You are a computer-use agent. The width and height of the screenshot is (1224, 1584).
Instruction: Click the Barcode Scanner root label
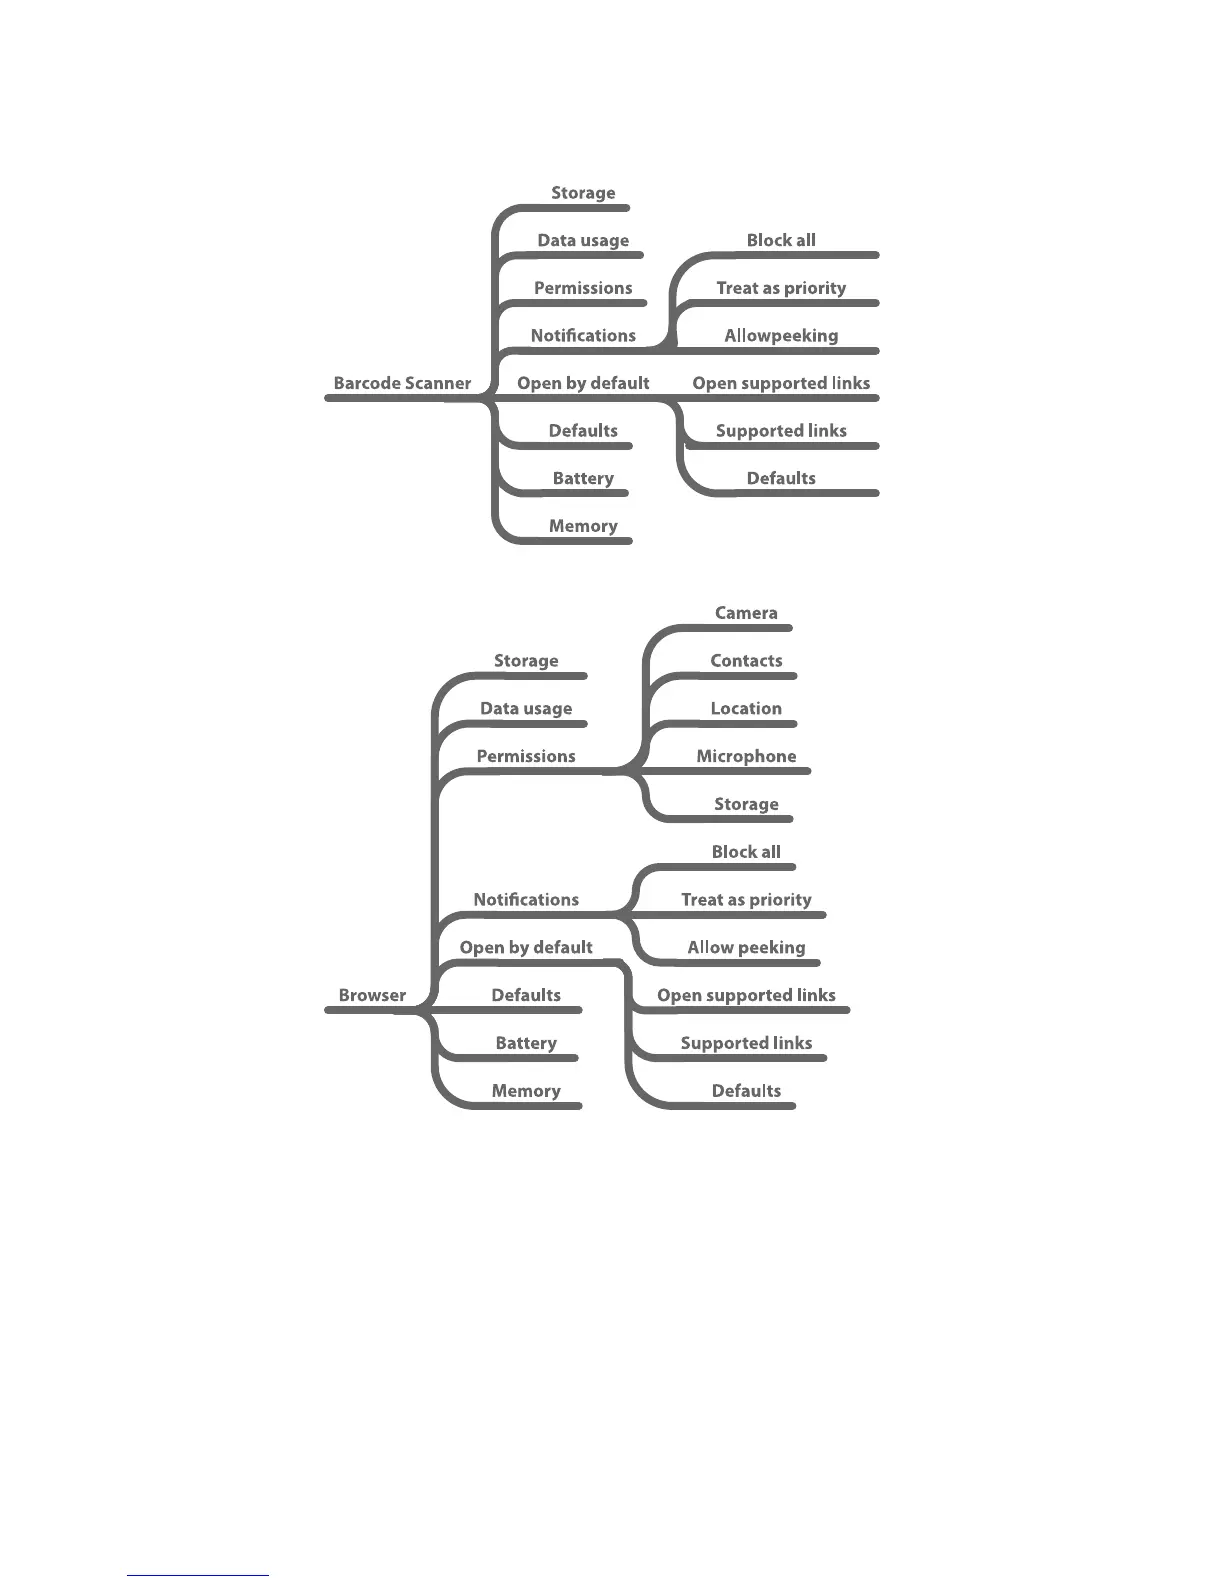click(x=402, y=383)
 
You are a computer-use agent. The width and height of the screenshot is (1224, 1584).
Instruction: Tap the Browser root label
click(x=372, y=995)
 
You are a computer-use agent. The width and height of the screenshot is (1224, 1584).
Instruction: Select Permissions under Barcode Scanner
click(x=583, y=288)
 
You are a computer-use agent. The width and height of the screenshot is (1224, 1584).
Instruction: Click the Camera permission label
click(x=746, y=613)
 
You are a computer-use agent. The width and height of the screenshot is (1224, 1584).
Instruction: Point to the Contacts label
click(x=746, y=661)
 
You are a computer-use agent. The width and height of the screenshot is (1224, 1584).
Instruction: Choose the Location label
click(x=746, y=709)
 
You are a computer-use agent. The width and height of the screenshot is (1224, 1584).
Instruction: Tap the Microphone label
click(x=746, y=757)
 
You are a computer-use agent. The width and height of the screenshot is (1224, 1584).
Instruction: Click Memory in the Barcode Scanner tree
click(x=583, y=526)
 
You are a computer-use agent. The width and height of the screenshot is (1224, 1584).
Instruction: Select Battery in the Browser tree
click(x=526, y=1043)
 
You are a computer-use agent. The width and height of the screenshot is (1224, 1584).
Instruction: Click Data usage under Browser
click(x=526, y=709)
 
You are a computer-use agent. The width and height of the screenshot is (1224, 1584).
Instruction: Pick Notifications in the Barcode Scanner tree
click(x=583, y=336)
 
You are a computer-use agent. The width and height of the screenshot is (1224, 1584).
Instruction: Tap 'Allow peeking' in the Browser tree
click(x=746, y=948)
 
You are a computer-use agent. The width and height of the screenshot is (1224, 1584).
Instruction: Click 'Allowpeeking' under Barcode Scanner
click(x=781, y=336)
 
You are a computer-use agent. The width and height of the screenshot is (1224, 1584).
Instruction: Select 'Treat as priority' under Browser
click(x=746, y=900)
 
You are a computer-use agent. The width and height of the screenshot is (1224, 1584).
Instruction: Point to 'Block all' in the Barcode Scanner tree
click(x=781, y=240)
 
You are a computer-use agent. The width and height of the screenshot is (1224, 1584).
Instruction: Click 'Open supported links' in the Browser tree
click(x=746, y=996)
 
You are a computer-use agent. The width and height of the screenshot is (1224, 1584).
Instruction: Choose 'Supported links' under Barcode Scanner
click(x=781, y=431)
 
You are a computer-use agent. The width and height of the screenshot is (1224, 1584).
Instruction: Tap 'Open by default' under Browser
click(x=526, y=948)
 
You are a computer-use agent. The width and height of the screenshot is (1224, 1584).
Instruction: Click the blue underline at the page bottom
click(x=198, y=1575)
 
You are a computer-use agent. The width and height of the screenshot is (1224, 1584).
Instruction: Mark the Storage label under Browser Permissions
click(x=746, y=804)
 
